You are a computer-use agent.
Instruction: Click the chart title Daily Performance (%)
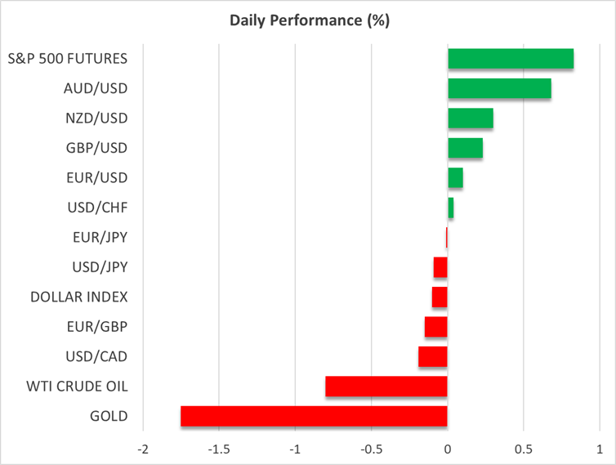click(308, 20)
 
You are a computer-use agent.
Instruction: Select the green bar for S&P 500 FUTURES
click(511, 59)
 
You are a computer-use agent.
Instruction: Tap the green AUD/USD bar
click(499, 88)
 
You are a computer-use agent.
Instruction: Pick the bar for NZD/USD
click(471, 118)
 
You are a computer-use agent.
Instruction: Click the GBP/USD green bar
click(465, 148)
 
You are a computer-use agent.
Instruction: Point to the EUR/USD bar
click(455, 177)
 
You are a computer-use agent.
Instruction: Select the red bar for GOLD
click(314, 416)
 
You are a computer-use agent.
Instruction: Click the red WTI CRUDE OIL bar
click(386, 386)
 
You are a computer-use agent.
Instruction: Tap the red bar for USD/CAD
click(433, 356)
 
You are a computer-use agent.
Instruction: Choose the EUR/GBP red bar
click(436, 327)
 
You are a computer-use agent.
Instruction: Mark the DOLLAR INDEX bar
click(440, 297)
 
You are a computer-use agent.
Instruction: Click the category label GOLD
click(109, 416)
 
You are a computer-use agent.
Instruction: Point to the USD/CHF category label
click(97, 208)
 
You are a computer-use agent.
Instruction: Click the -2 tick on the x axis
click(143, 449)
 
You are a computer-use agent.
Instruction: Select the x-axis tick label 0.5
click(524, 449)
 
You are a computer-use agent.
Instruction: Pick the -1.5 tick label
click(219, 449)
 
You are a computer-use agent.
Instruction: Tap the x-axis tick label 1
click(600, 449)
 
